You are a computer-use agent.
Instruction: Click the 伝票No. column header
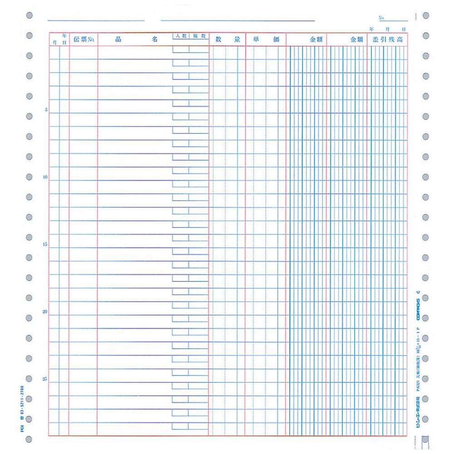(x=84, y=39)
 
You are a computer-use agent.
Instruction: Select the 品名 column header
(x=136, y=39)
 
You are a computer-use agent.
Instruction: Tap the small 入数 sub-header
(x=181, y=35)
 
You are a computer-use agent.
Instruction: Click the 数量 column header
(x=227, y=39)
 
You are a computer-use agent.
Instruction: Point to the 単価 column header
(x=266, y=39)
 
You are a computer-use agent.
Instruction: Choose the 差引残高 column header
(x=387, y=39)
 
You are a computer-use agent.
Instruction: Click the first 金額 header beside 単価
(x=316, y=39)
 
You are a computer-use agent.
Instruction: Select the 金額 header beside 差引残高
(x=356, y=39)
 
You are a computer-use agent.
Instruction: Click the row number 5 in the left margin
(x=47, y=110)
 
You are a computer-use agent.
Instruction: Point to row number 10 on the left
(x=45, y=178)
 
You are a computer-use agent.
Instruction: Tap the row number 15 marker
(x=45, y=245)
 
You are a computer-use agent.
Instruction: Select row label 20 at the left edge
(x=45, y=312)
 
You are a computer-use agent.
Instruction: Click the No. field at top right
(x=393, y=19)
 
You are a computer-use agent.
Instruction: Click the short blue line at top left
(x=96, y=20)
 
